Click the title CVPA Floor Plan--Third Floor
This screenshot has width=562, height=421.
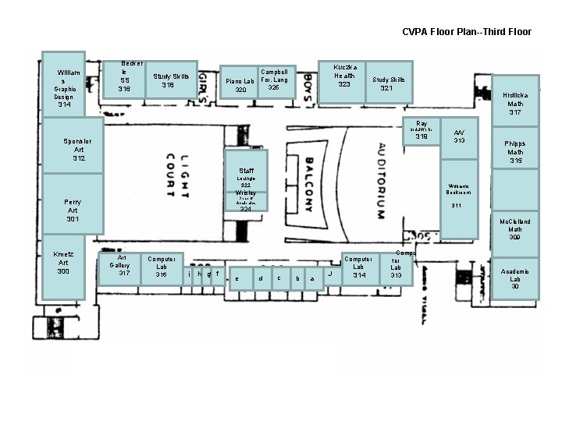467,32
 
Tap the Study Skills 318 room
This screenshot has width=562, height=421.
171,80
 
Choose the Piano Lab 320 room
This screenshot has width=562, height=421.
240,85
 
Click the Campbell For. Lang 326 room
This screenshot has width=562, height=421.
274,81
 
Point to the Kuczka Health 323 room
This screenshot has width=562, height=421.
343,80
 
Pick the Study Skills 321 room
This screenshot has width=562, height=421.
388,83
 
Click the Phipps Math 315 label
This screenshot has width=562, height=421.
515,152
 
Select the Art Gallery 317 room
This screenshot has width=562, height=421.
119,267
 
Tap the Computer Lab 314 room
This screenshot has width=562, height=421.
359,267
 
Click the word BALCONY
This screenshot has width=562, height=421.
308,186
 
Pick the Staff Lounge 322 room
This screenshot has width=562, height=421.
246,173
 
